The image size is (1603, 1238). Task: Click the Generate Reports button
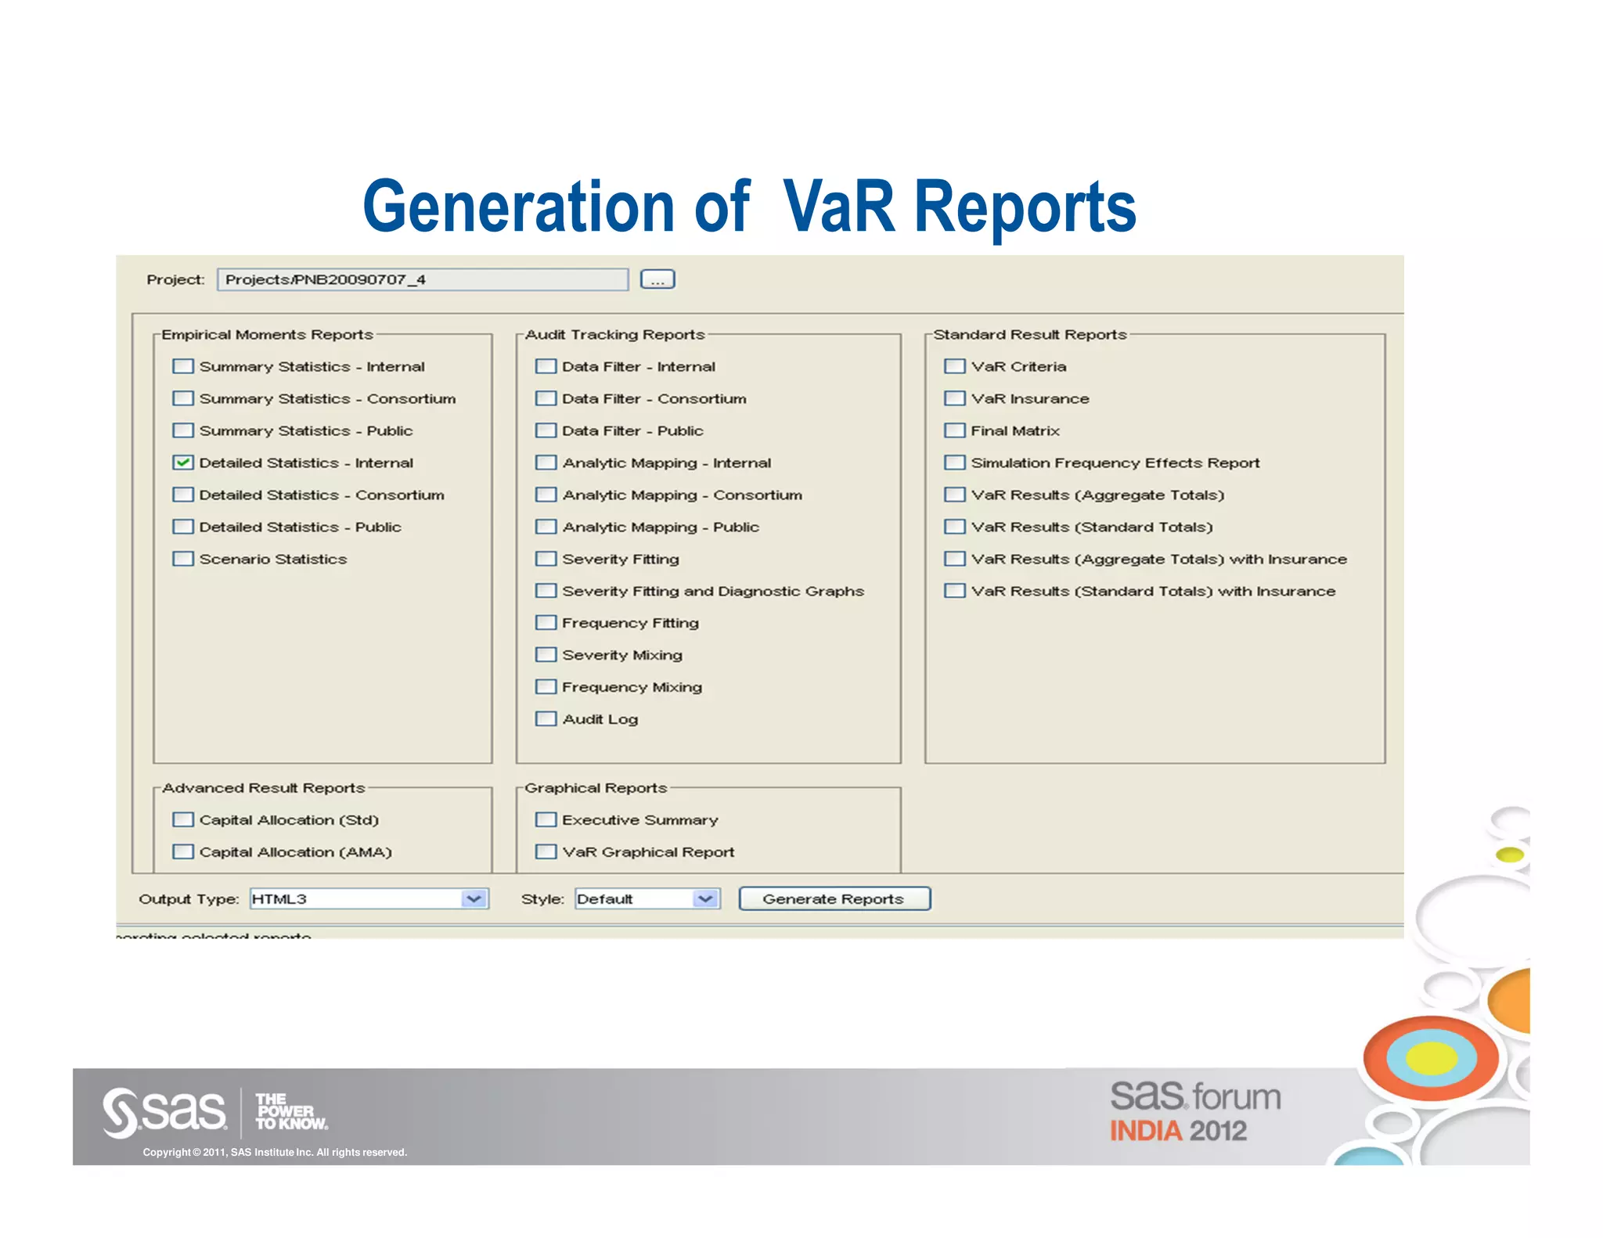[x=834, y=898]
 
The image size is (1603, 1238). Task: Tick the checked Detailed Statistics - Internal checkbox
[x=183, y=462]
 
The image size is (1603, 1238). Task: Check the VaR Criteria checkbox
[x=954, y=366]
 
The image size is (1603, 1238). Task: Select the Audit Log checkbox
[x=546, y=718]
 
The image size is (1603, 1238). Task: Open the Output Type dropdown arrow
[x=474, y=898]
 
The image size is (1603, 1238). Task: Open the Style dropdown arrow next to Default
[x=705, y=898]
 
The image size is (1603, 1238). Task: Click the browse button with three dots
[x=657, y=279]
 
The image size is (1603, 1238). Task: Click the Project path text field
[x=423, y=279]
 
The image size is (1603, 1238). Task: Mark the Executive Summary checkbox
[x=546, y=819]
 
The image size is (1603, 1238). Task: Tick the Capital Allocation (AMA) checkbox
[x=183, y=851]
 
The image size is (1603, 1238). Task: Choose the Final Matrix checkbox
[x=954, y=430]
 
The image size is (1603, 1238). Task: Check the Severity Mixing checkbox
[x=546, y=654]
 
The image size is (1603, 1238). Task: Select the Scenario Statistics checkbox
[x=183, y=559]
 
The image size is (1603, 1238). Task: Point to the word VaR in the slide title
[x=839, y=207]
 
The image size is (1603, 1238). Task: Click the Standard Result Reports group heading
[x=1029, y=335]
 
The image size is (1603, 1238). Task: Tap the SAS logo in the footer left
[x=164, y=1112]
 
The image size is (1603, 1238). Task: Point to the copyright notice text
[x=275, y=1152]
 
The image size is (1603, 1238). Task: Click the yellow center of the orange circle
[x=1431, y=1058]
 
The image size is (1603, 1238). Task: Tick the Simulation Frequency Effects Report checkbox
[x=954, y=462]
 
